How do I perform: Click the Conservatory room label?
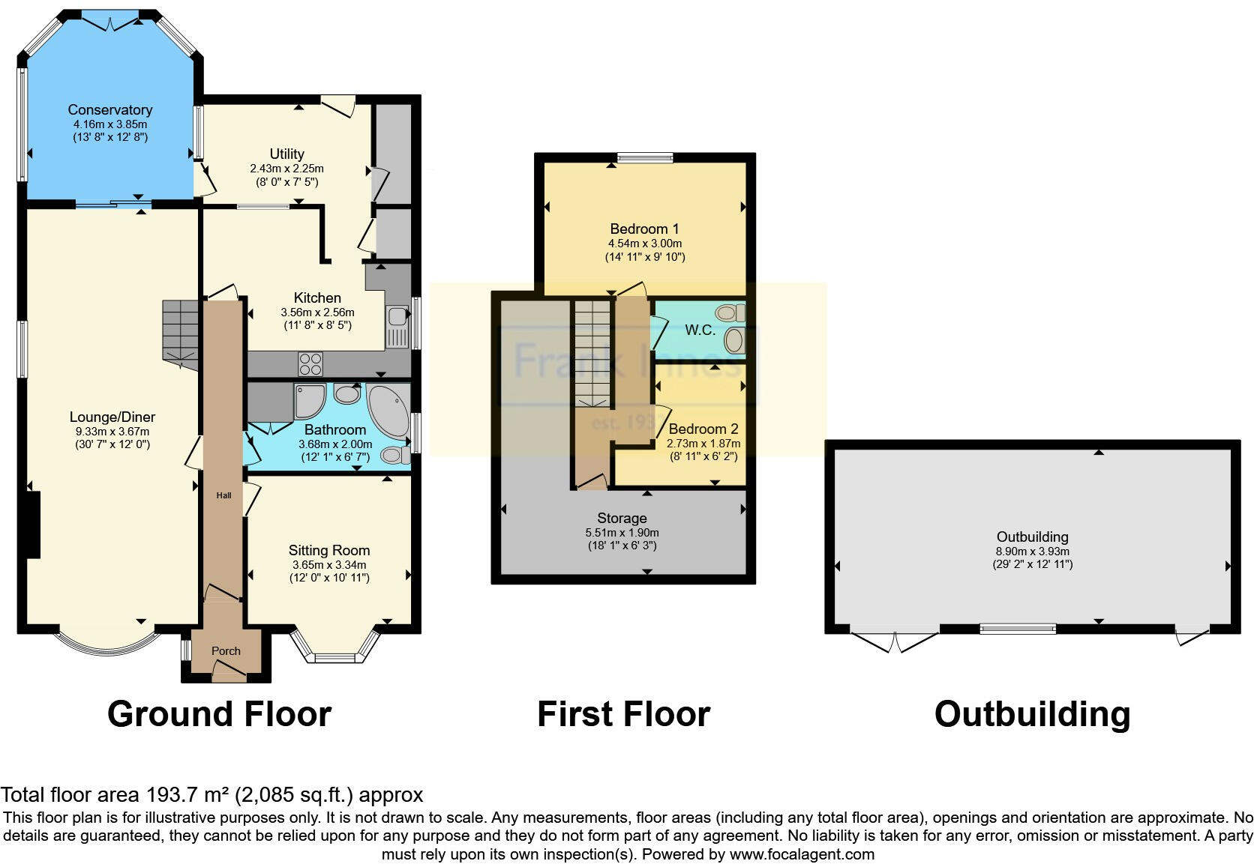click(109, 110)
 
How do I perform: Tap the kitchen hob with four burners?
click(310, 363)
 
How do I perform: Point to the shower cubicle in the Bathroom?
click(308, 402)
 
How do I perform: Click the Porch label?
click(226, 651)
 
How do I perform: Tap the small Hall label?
click(223, 495)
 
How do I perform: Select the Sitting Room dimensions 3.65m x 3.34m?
click(329, 564)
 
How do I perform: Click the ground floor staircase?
click(181, 333)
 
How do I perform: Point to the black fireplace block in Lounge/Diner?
click(31, 524)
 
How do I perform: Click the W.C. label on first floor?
click(699, 330)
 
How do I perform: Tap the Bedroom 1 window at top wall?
click(645, 158)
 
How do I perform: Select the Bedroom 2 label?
click(703, 429)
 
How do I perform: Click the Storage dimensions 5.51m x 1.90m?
click(622, 532)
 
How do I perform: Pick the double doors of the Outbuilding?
click(895, 641)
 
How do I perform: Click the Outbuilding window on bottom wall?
click(1018, 629)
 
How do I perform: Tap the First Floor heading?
click(623, 714)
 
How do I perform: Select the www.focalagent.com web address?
click(801, 854)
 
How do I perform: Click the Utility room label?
click(286, 154)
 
